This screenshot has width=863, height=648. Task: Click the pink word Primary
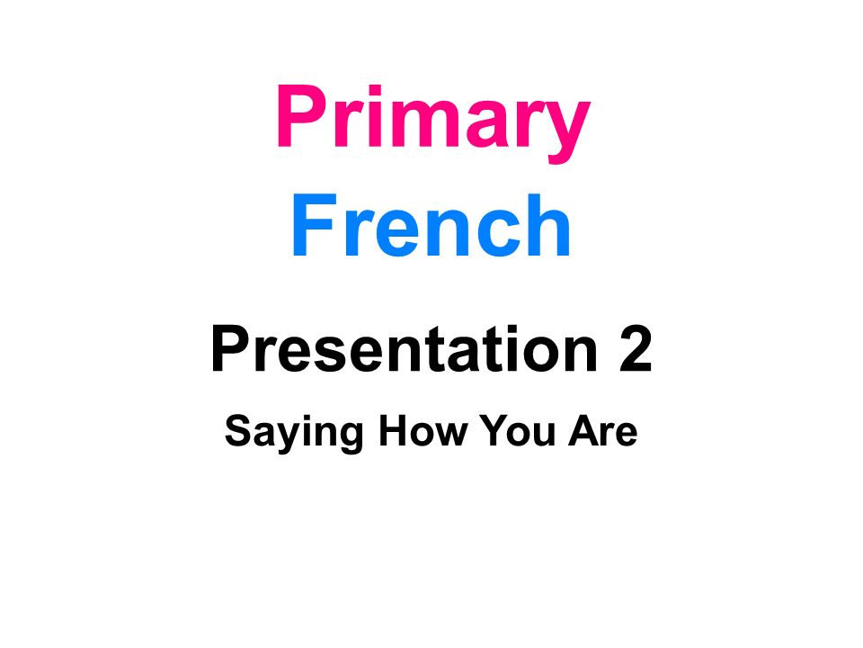[x=433, y=121]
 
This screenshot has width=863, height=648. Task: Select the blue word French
[x=431, y=225]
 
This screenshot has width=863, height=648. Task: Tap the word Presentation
[x=404, y=349]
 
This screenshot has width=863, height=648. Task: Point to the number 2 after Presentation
[x=636, y=349]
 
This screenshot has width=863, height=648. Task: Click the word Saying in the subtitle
[x=294, y=434]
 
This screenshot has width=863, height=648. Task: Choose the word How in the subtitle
[x=423, y=430]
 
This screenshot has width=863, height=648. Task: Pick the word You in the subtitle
[x=518, y=430]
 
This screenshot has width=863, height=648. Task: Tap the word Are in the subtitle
[x=602, y=430]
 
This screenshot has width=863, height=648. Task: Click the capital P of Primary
[x=302, y=116]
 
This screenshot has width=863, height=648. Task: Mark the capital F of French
[x=315, y=225]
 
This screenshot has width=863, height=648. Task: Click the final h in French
[x=548, y=225]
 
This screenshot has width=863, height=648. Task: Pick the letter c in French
[x=498, y=233]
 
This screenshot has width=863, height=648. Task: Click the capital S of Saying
[x=239, y=430]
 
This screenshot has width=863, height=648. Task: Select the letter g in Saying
[x=349, y=438]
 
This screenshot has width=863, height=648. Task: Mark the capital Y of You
[x=494, y=430]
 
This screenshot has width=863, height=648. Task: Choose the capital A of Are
[x=584, y=430]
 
